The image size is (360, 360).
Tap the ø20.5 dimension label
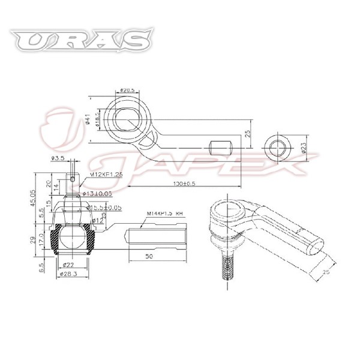[126, 90]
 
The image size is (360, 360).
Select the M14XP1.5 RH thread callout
[166, 213]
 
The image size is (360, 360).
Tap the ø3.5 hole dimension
[58, 158]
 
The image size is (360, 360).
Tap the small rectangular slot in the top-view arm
[220, 146]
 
